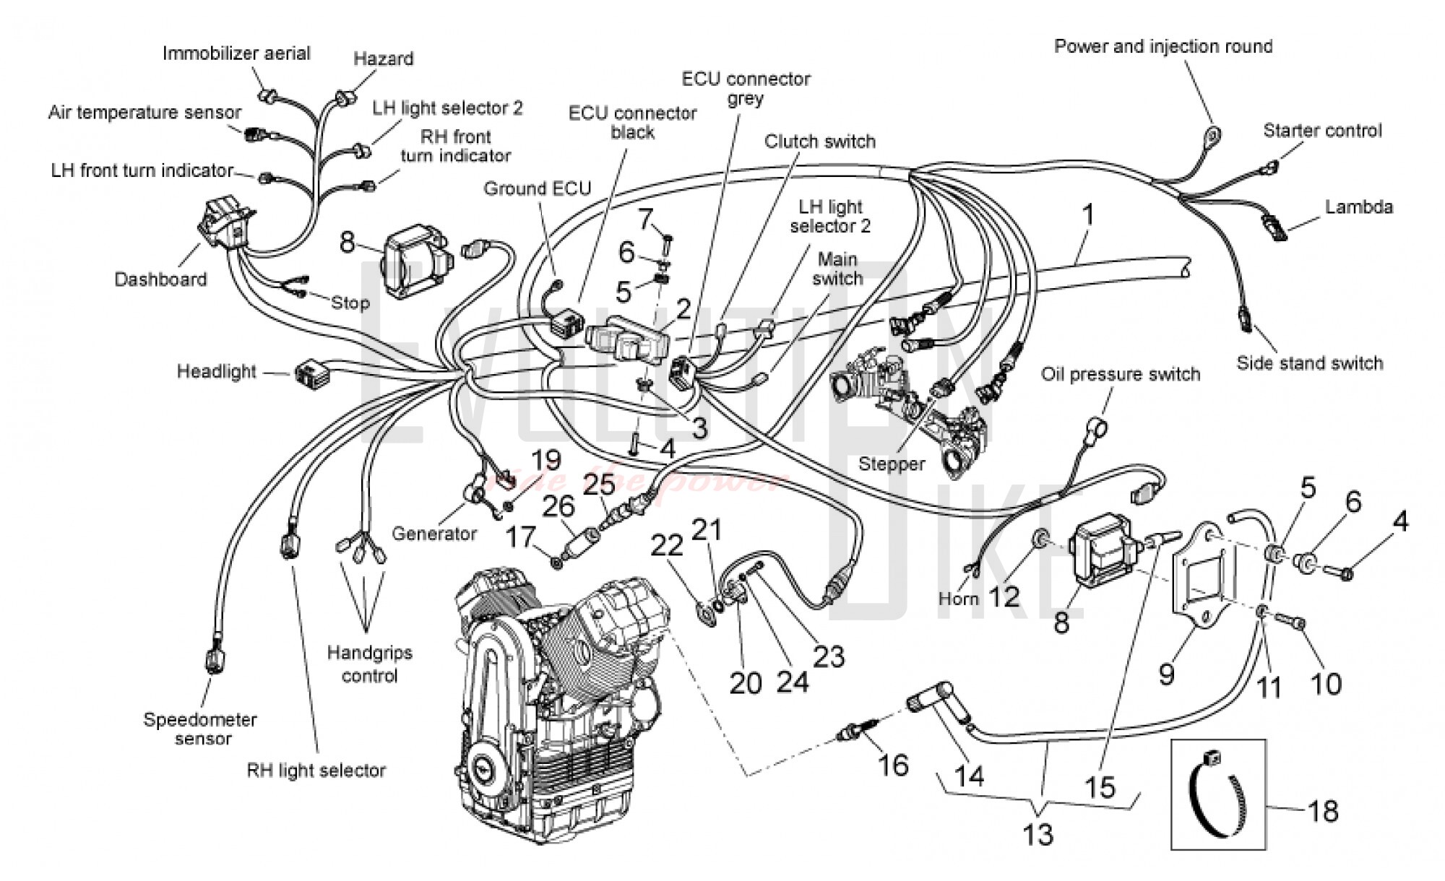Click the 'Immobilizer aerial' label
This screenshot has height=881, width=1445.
click(x=236, y=53)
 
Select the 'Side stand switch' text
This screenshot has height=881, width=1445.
click(x=1309, y=363)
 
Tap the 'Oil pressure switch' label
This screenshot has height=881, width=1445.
click(x=1120, y=374)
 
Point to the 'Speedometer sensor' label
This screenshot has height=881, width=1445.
click(x=200, y=729)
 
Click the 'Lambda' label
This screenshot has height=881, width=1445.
click(x=1358, y=207)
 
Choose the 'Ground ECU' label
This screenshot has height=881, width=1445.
click(x=537, y=188)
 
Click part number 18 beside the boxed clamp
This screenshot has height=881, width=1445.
click(x=1323, y=811)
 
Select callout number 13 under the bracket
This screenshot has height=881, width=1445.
click(x=1038, y=835)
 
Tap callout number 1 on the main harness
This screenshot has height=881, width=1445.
click(x=1087, y=215)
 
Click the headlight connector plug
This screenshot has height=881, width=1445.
click(x=309, y=373)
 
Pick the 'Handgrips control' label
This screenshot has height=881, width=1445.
click(x=369, y=664)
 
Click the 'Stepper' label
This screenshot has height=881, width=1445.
click(x=891, y=464)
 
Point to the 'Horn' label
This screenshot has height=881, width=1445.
click(x=958, y=599)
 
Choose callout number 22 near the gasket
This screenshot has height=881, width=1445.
click(x=666, y=546)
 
